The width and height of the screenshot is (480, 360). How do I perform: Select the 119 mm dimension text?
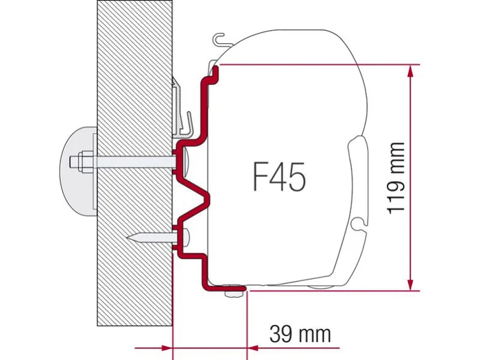tap(396, 178)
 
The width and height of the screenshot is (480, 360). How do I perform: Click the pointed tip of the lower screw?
tap(130, 238)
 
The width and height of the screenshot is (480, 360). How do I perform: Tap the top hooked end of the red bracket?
tap(214, 69)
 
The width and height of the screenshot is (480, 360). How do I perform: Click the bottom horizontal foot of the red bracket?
tap(223, 285)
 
